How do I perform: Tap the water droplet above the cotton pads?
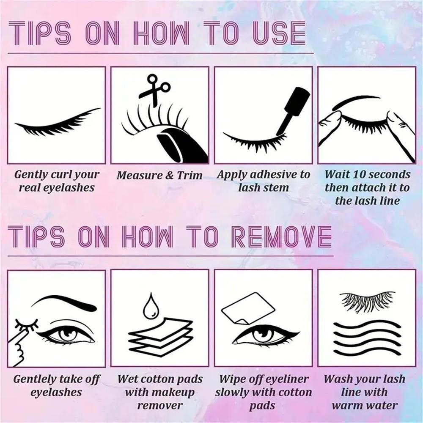pyautogui.click(x=151, y=307)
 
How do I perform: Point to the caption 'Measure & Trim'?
pyautogui.click(x=159, y=175)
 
